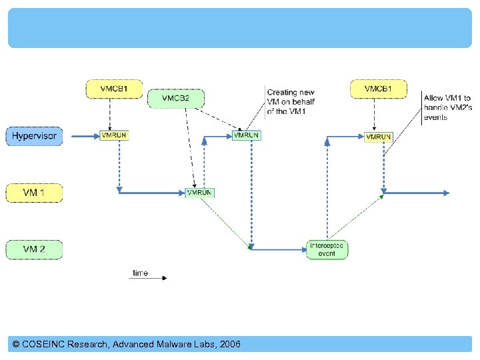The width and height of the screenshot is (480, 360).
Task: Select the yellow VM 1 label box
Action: [x=34, y=193]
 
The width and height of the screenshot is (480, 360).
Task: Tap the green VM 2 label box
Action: [x=34, y=250]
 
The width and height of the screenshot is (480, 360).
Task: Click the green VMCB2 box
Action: [x=175, y=99]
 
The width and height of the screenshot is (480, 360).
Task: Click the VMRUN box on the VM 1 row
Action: [x=200, y=193]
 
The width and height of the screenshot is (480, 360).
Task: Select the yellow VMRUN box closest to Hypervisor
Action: [x=113, y=135]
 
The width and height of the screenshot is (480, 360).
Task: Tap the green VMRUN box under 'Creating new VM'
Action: [x=246, y=135]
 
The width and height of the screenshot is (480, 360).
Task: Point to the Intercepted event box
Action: [x=327, y=249]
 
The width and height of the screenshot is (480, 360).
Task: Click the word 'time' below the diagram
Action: [x=140, y=273]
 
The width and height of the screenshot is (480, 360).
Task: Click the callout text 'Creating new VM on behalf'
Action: [x=291, y=101]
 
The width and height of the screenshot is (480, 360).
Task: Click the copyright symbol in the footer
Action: [x=16, y=345]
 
